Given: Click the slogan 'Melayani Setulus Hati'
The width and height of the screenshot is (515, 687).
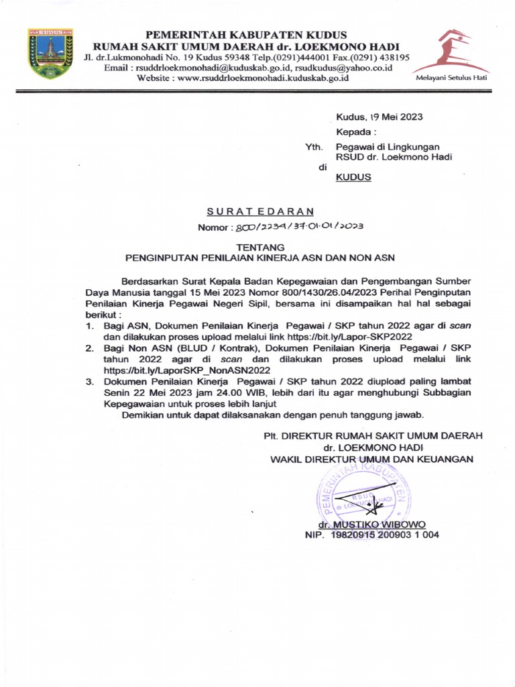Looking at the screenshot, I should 452,78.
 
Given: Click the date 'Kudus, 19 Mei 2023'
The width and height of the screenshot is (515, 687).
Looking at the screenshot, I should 379,117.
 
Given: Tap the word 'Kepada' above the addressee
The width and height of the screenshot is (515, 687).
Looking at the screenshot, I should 355,132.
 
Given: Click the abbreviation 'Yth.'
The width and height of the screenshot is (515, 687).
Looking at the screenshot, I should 314,147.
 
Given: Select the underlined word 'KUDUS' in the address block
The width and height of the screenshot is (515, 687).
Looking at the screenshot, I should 353,178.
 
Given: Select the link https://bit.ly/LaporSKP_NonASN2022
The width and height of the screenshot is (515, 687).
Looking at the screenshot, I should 187,370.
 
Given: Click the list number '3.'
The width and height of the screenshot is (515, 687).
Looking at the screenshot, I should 89,381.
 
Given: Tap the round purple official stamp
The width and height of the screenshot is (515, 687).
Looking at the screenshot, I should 363,497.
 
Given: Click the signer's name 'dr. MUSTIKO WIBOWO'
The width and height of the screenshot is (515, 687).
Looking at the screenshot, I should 372,524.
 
